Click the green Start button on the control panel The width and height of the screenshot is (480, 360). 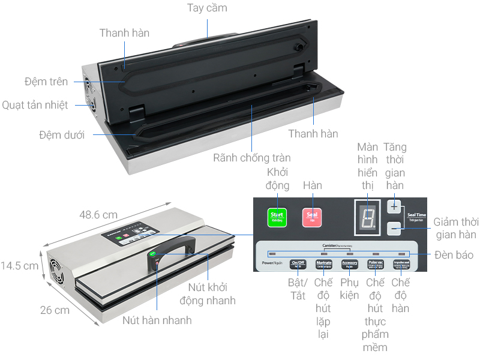coord(277,217)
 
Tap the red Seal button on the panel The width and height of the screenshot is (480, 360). coord(312,217)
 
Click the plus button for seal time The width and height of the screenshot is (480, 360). coord(394,206)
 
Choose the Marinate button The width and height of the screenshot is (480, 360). coord(324,263)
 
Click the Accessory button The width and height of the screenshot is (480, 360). coord(350,263)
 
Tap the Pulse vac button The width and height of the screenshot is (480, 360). coord(376,263)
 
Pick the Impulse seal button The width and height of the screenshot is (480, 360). coord(401,263)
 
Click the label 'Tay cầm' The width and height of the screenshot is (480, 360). coord(207,8)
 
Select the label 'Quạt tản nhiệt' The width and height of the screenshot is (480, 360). coord(35,105)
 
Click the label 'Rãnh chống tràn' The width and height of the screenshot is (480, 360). coord(252,158)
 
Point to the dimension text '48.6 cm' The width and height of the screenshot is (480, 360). coord(98,214)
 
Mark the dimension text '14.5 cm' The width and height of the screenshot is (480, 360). coord(20,265)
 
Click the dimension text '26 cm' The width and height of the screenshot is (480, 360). coord(55,310)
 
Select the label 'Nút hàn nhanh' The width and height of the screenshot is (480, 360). coord(157,320)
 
